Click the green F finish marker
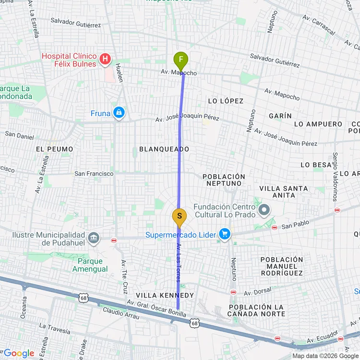180,61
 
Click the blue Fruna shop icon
119,113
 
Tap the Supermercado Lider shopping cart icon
224,234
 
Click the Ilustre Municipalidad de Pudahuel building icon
93,238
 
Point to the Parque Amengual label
90,265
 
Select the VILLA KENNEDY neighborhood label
165,295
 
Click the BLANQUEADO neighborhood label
164,149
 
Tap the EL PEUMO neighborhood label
54,149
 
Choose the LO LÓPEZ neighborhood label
226,101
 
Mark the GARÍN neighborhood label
280,116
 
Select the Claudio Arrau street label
120,313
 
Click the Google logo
19,353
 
